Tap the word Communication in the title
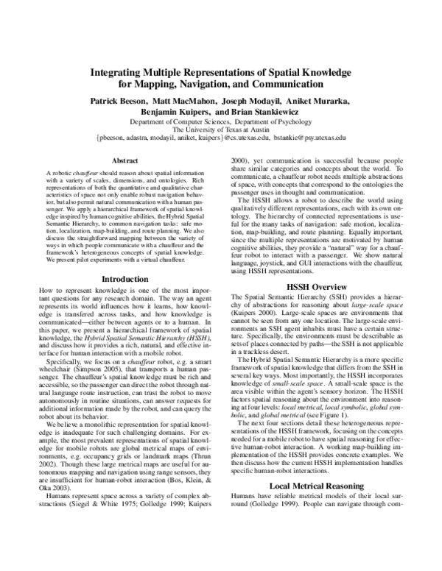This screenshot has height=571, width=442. [x=289, y=85]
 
